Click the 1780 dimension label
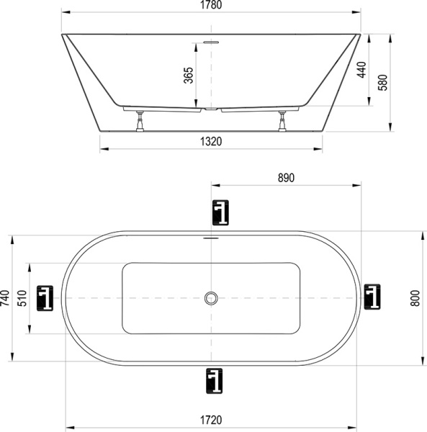(x=210, y=6)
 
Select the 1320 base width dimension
(x=210, y=142)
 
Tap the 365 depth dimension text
(x=189, y=74)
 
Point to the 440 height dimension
(x=361, y=69)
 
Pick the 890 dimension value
(x=285, y=178)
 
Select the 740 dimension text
(x=5, y=297)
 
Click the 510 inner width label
(x=22, y=297)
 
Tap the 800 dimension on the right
(x=415, y=297)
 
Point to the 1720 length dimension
(x=210, y=419)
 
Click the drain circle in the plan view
(x=211, y=297)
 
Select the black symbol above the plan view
(x=220, y=213)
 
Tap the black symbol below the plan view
(x=214, y=381)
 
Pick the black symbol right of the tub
(x=372, y=297)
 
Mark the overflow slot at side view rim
(x=210, y=41)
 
